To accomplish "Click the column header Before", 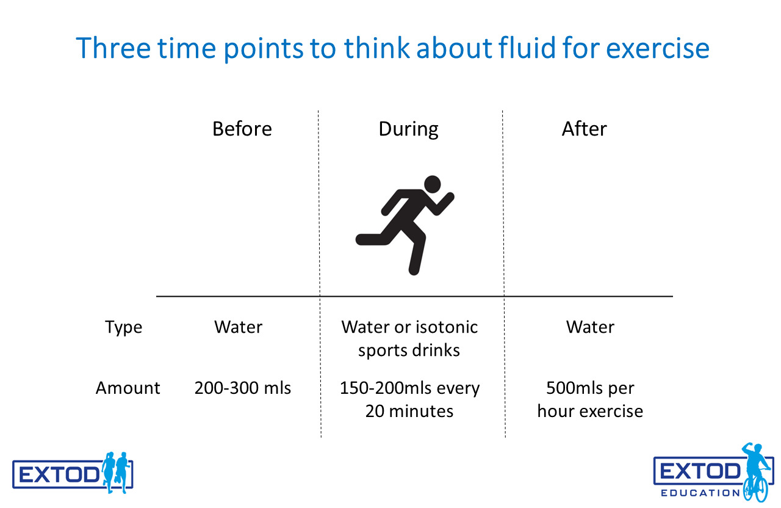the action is click(x=242, y=129).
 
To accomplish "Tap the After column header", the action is click(x=584, y=129).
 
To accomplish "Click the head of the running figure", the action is click(x=433, y=184).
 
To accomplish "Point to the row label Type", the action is click(x=123, y=328).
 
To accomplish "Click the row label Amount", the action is click(x=128, y=388).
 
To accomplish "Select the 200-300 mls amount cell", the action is click(x=242, y=388).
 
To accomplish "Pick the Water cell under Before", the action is click(x=238, y=327).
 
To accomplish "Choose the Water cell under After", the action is click(x=590, y=327).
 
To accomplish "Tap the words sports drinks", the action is click(x=409, y=350).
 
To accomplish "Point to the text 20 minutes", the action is click(x=409, y=411).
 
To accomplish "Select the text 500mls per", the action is click(x=590, y=388).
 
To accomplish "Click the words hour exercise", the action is click(x=590, y=411).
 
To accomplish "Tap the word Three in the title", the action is click(x=113, y=48).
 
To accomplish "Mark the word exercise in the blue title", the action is click(x=658, y=48).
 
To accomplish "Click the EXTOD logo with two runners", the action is click(x=73, y=473).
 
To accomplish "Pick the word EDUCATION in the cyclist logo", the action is click(x=700, y=493).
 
